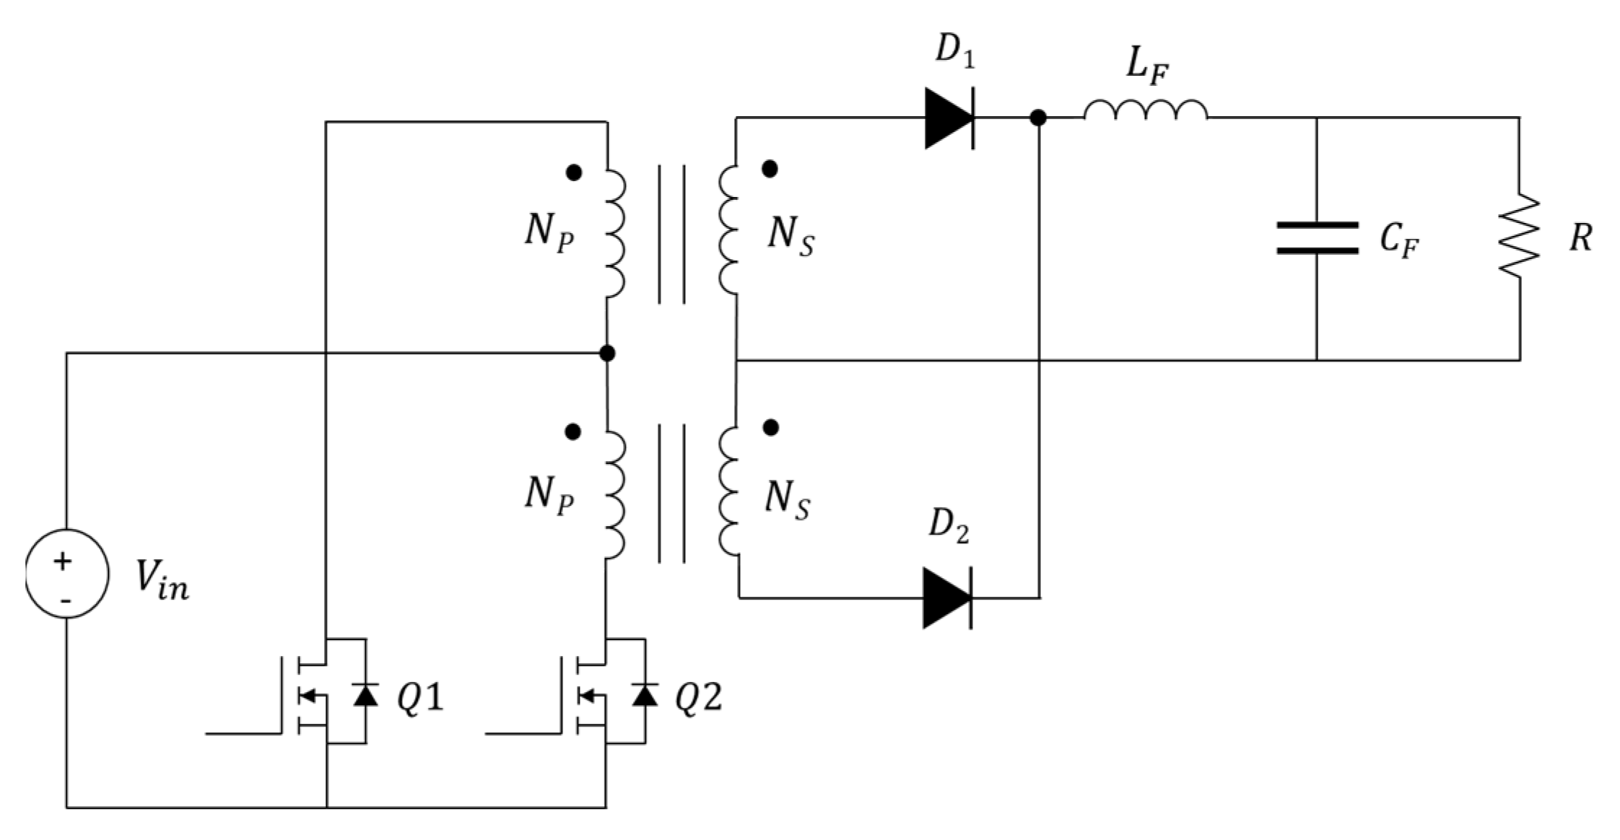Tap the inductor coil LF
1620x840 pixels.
point(1144,110)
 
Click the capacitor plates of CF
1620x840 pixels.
point(1317,238)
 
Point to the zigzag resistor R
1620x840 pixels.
point(1519,235)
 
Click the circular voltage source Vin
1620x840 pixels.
point(66,574)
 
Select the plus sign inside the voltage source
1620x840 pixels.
point(64,561)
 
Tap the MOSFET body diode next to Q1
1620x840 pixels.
point(365,694)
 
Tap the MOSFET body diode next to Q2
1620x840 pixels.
point(645,694)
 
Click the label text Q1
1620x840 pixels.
point(420,698)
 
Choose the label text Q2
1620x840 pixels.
point(698,698)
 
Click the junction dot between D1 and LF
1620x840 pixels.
point(1038,118)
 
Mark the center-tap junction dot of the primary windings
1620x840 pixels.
point(607,353)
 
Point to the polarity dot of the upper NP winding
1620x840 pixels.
point(574,172)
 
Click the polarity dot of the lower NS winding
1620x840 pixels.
point(771,427)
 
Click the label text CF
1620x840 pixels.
point(1399,240)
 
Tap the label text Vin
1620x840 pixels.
point(162,582)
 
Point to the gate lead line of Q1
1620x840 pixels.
point(243,733)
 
